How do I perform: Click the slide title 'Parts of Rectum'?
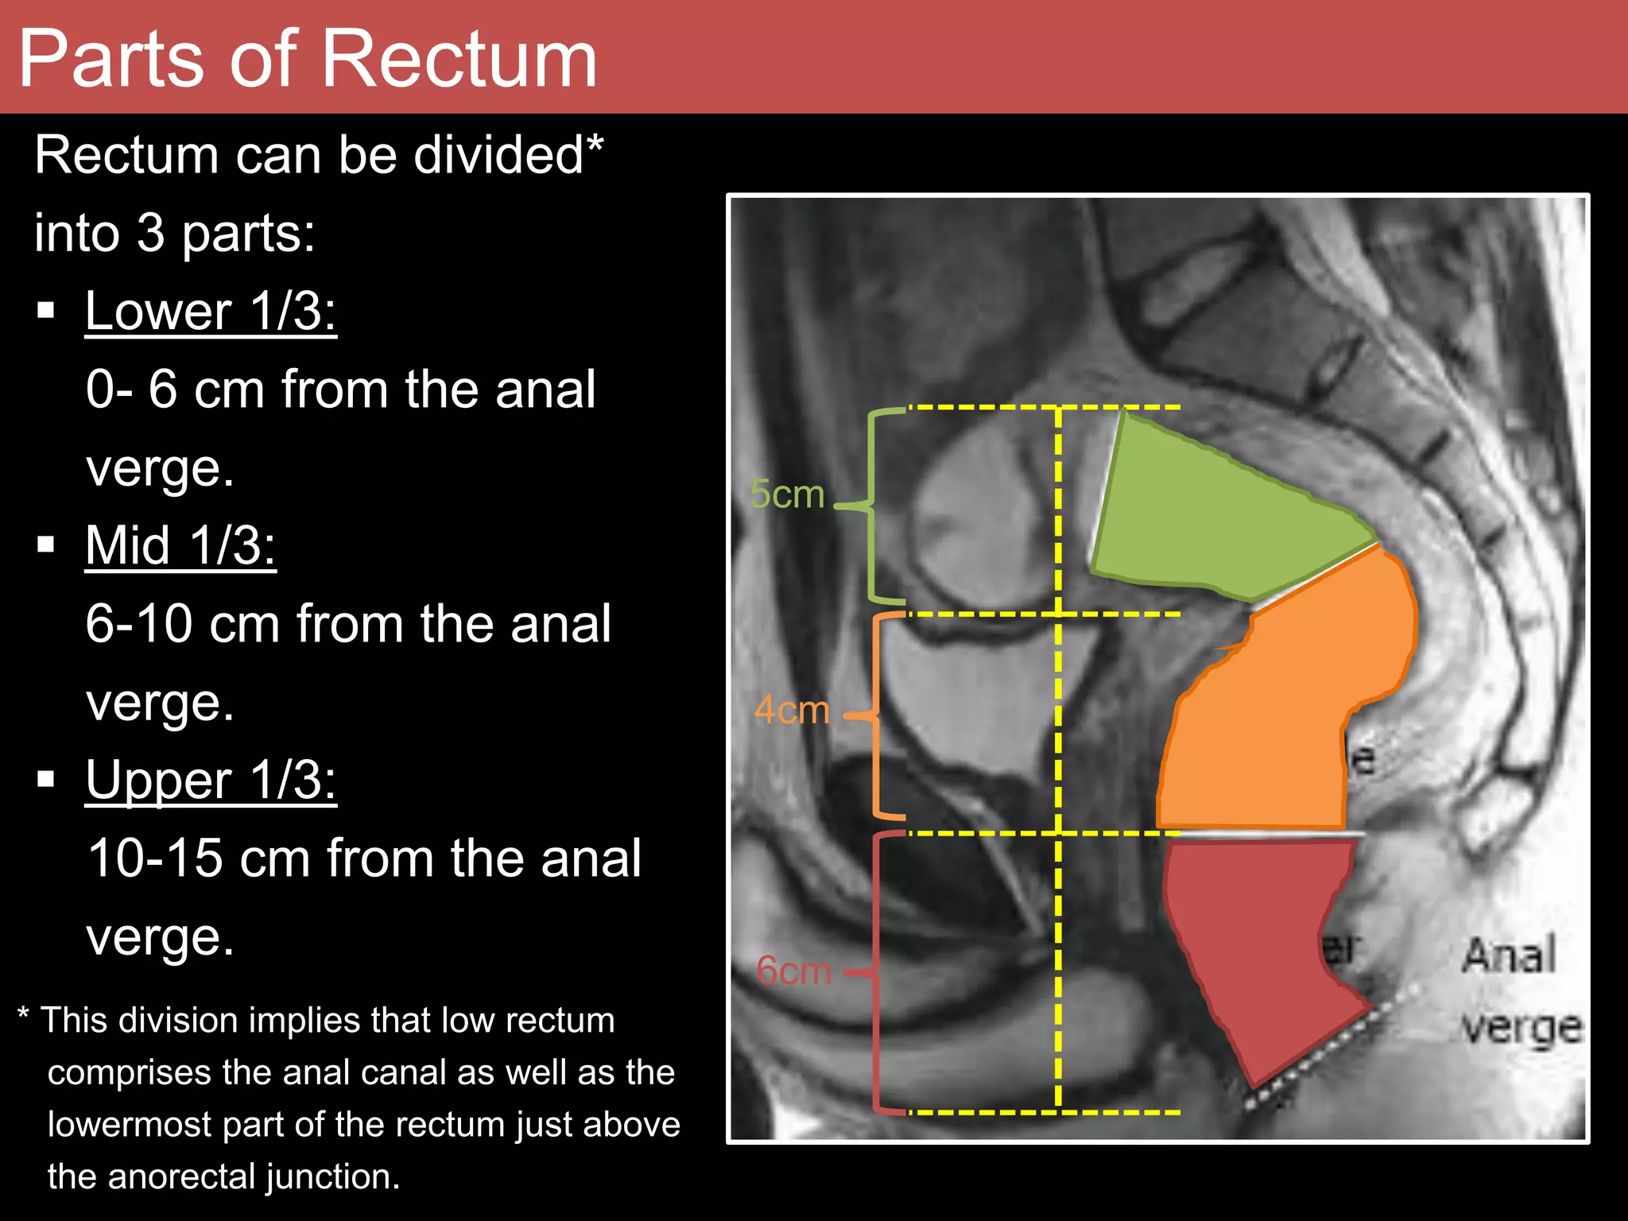pyautogui.click(x=307, y=59)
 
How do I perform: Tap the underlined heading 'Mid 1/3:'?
pyautogui.click(x=180, y=546)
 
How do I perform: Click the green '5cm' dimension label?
pyautogui.click(x=787, y=494)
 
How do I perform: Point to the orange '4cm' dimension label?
pyautogui.click(x=791, y=710)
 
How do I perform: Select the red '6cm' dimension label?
pyautogui.click(x=793, y=971)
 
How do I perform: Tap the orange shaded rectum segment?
pyautogui.click(x=1280, y=715)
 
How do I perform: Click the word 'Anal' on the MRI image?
pyautogui.click(x=1509, y=955)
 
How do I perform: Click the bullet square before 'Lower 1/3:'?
pyautogui.click(x=46, y=310)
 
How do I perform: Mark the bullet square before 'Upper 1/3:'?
pyautogui.click(x=46, y=779)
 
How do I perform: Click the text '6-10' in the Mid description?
pyautogui.click(x=139, y=624)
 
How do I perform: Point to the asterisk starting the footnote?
pyautogui.click(x=23, y=1014)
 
